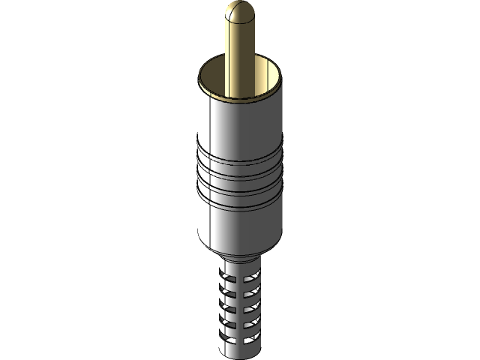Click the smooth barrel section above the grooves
click(240, 124)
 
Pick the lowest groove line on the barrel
click(240, 205)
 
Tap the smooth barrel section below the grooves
click(240, 225)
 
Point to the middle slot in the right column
click(252, 309)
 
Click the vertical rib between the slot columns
click(240, 309)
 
